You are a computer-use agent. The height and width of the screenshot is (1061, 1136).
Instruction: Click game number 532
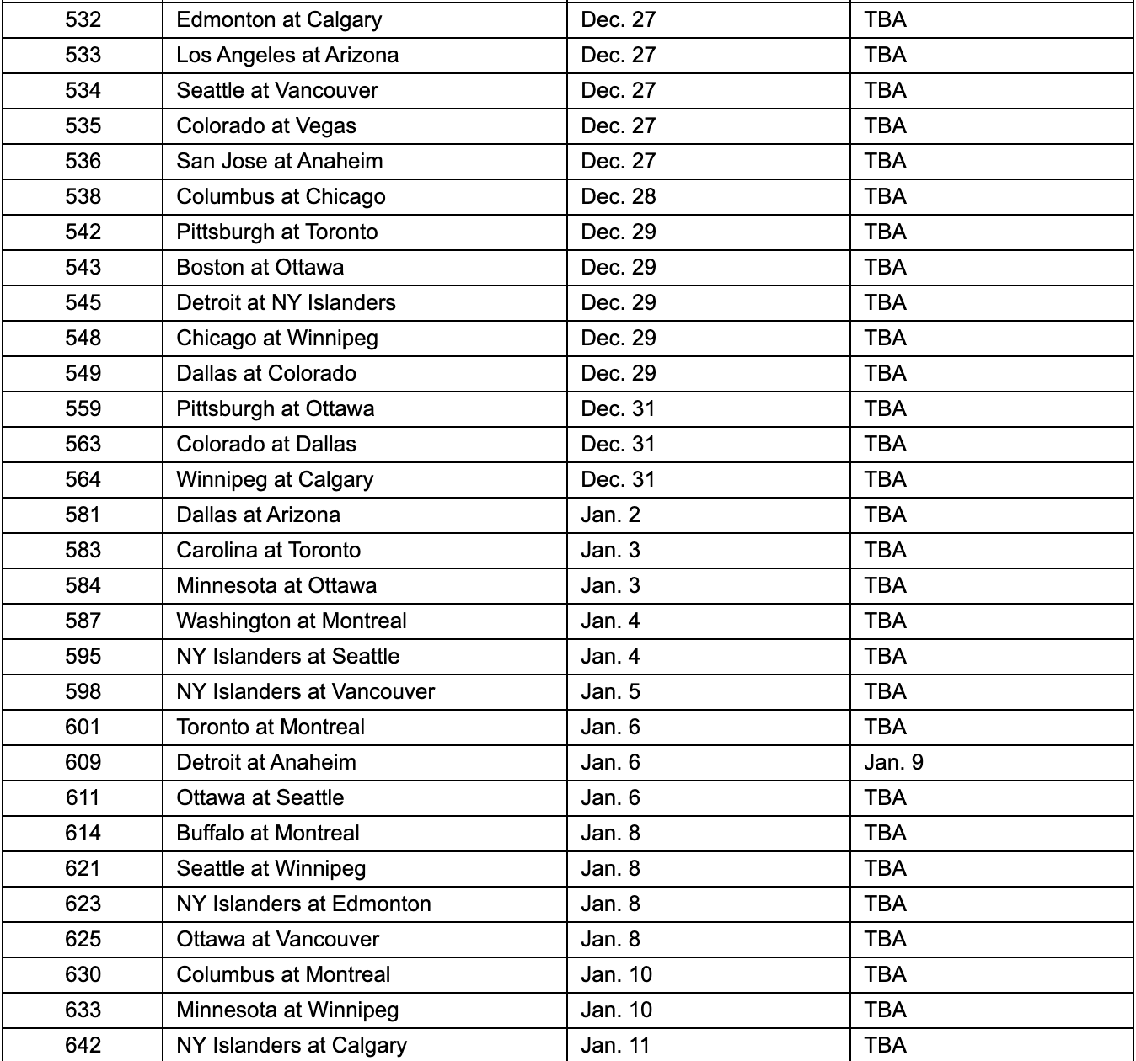point(83,19)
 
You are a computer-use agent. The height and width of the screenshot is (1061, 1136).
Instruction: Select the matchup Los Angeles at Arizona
point(287,55)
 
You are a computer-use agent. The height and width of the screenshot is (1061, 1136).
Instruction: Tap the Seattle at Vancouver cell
point(277,90)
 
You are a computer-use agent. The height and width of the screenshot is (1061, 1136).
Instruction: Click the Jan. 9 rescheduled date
point(893,762)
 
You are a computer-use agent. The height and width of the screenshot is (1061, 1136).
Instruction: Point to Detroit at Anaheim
point(266,762)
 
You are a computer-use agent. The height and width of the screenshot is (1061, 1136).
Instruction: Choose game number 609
point(83,762)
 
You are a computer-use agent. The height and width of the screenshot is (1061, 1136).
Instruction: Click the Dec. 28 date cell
point(618,196)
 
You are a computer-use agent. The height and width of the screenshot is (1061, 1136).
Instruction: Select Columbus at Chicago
point(281,196)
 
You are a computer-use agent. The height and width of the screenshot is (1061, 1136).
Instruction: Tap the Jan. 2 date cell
point(610,515)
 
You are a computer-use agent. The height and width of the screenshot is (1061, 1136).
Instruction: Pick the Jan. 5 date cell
point(610,691)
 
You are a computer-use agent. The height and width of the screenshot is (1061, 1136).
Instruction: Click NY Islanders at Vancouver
point(305,691)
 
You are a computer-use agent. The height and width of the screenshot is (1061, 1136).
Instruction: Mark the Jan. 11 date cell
point(615,1045)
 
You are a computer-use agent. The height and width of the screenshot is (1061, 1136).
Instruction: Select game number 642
point(83,1045)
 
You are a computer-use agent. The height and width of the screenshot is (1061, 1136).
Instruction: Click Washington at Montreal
point(291,621)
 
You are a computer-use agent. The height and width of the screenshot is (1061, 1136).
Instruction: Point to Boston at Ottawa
point(260,267)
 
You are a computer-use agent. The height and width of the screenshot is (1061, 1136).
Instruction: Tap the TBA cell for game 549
point(885,373)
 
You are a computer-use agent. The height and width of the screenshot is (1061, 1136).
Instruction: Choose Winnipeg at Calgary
point(275,479)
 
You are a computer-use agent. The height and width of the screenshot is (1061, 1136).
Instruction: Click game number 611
point(83,797)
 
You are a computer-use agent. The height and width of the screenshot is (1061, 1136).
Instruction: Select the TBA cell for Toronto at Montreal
point(885,727)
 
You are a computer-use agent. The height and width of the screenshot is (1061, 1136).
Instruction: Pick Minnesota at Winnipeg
point(287,1010)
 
